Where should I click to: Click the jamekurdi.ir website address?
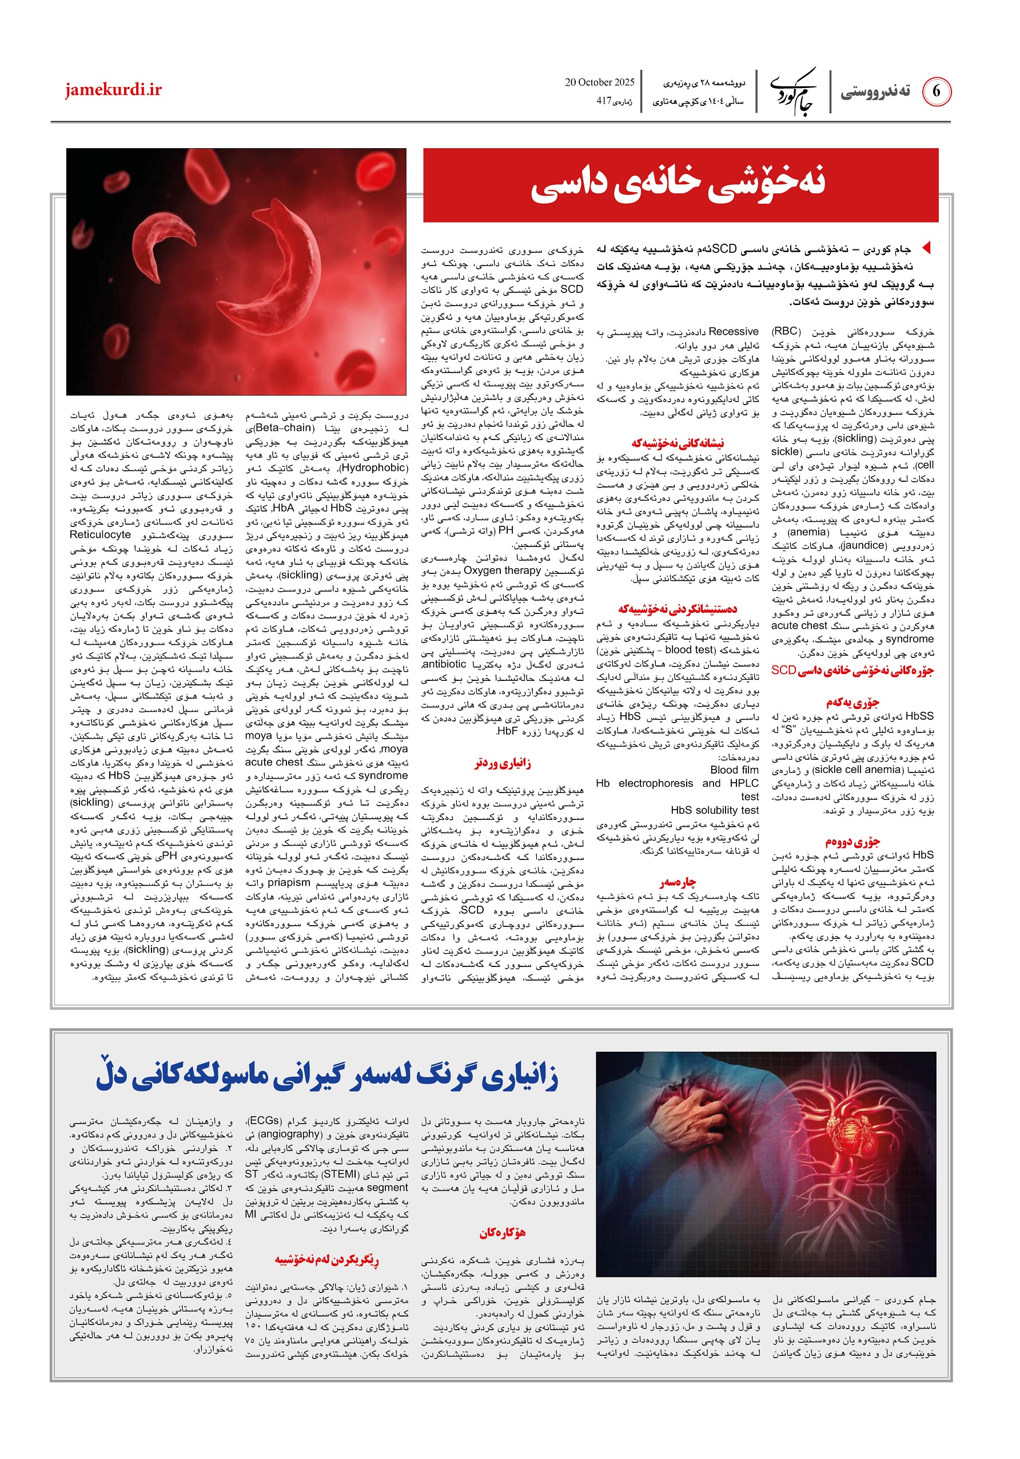tap(113, 90)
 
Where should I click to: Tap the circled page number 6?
tap(935, 92)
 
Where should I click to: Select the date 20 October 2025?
tap(600, 82)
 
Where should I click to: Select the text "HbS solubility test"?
tap(715, 810)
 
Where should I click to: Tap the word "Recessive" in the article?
tap(734, 332)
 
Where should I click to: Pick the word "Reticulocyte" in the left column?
tap(101, 534)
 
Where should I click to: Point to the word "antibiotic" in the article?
tap(444, 665)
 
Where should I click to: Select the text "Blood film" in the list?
tap(734, 770)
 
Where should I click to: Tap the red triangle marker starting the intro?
tap(926, 247)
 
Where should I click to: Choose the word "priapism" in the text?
tap(289, 883)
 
